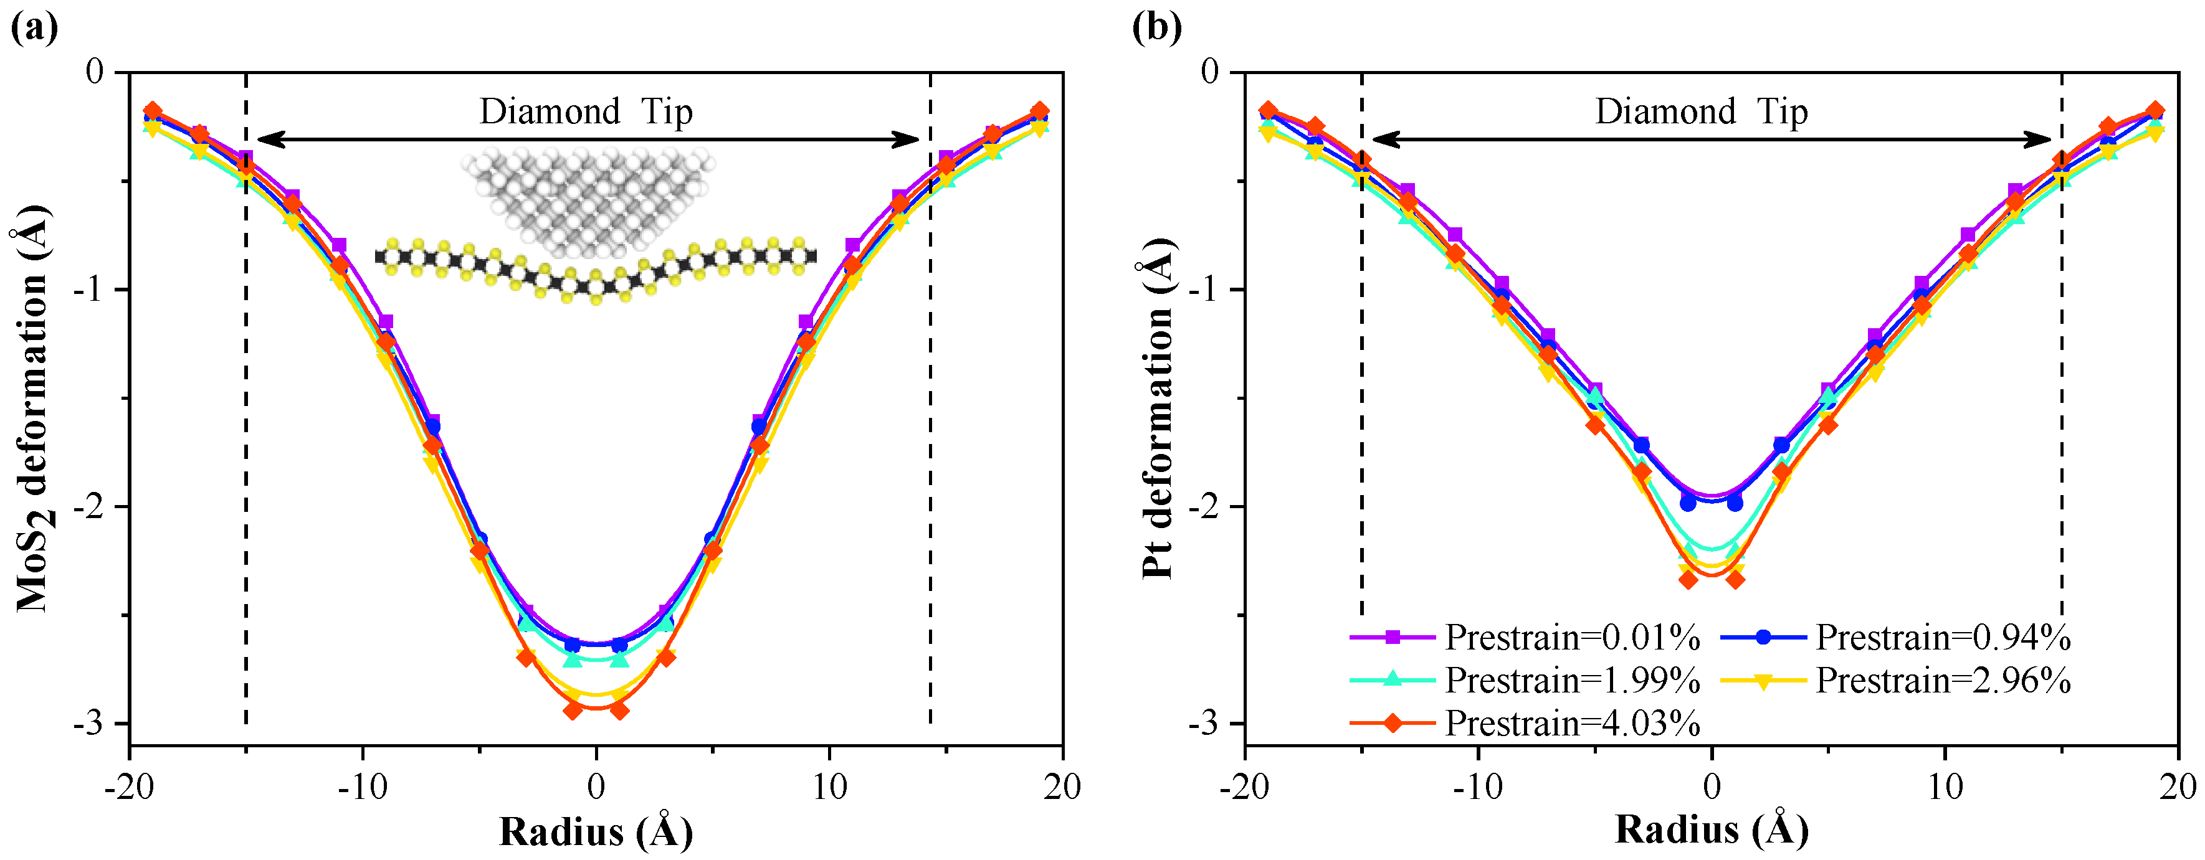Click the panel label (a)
click(x=34, y=27)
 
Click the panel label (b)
click(x=1156, y=27)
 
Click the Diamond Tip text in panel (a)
click(x=586, y=112)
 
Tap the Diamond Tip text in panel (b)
click(x=1702, y=112)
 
